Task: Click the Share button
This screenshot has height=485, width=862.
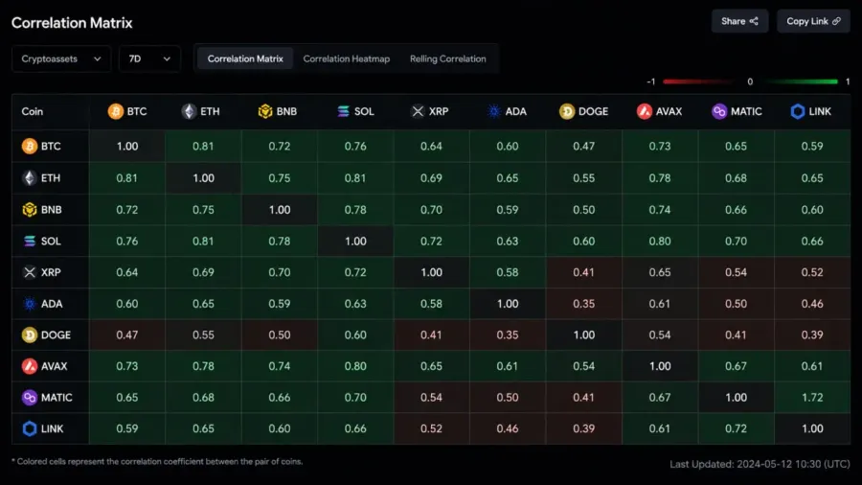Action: click(x=739, y=21)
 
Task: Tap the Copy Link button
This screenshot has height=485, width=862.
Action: click(x=813, y=21)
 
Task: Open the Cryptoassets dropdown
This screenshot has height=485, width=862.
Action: click(x=61, y=58)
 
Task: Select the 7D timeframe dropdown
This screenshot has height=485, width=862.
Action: click(x=149, y=58)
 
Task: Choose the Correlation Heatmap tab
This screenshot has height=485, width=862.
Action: click(x=347, y=58)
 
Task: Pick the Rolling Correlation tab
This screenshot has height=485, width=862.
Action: click(x=448, y=58)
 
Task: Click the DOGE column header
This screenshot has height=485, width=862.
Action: click(x=584, y=111)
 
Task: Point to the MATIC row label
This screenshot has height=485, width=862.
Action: click(x=50, y=398)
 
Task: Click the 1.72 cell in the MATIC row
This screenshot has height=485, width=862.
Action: click(x=812, y=398)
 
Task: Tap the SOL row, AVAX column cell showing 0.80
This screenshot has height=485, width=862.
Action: click(x=660, y=242)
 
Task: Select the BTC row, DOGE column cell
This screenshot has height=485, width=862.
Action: click(x=584, y=147)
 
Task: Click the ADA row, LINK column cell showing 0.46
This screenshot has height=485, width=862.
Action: click(x=812, y=304)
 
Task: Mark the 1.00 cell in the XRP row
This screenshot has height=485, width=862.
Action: click(x=432, y=273)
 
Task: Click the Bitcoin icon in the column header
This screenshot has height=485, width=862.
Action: click(x=116, y=111)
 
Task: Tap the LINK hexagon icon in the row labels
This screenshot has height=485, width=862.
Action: click(x=30, y=428)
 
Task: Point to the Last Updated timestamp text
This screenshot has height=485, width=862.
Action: click(x=760, y=464)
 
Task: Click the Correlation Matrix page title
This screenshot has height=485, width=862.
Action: click(x=72, y=23)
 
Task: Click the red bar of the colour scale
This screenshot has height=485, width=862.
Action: click(x=697, y=81)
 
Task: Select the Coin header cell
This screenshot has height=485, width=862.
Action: click(x=50, y=111)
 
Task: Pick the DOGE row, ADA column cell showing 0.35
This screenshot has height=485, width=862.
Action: click(x=508, y=335)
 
